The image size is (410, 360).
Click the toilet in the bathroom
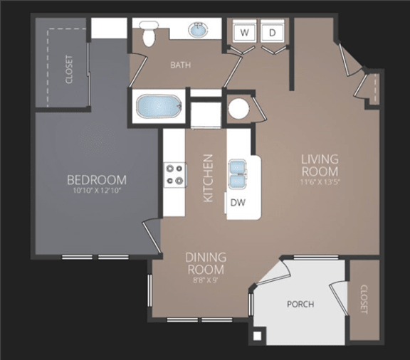[x=149, y=34]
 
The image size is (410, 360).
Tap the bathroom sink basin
[x=197, y=31]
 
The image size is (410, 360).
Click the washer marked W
[x=243, y=32]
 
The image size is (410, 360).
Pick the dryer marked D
[x=271, y=32]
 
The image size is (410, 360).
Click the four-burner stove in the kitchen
[x=174, y=174]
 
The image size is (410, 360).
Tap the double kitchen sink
[x=238, y=174]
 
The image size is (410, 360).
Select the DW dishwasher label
[x=238, y=203]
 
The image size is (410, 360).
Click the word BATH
[x=180, y=65]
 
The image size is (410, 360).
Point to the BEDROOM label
[x=97, y=180]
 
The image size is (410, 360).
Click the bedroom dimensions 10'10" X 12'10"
[x=97, y=191]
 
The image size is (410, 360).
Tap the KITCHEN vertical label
[x=209, y=179]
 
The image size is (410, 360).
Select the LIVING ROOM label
[x=319, y=165]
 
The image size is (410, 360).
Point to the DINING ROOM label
[x=206, y=263]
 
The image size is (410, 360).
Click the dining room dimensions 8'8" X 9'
[x=206, y=280]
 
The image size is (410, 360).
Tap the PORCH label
[x=300, y=305]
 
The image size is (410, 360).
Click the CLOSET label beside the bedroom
[x=69, y=69]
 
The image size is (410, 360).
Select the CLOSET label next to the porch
[x=364, y=300]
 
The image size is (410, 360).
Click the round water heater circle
[x=238, y=109]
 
